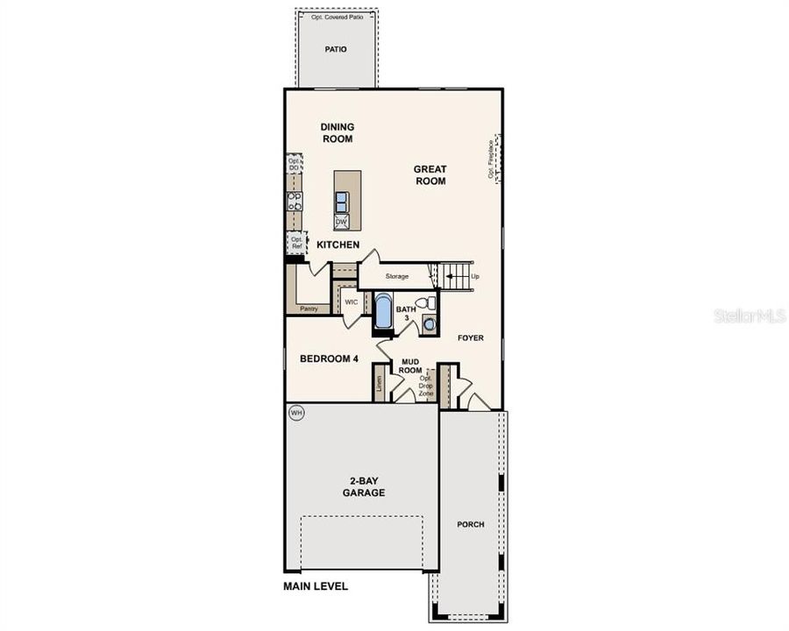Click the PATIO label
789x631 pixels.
(336, 49)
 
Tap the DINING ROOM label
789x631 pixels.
(338, 132)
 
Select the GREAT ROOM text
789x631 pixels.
(430, 175)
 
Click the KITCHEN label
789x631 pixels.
(338, 245)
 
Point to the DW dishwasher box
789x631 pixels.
(341, 222)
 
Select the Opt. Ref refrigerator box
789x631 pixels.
(296, 242)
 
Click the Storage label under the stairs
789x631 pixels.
(397, 276)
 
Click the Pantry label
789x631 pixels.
(308, 308)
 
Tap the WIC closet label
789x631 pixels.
(352, 301)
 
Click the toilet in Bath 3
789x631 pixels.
(424, 303)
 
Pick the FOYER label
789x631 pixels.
(470, 337)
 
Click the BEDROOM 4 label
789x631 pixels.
(329, 358)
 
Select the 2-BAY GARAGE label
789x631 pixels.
(364, 486)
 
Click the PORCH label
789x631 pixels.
(471, 524)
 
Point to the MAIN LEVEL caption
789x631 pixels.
(315, 586)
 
